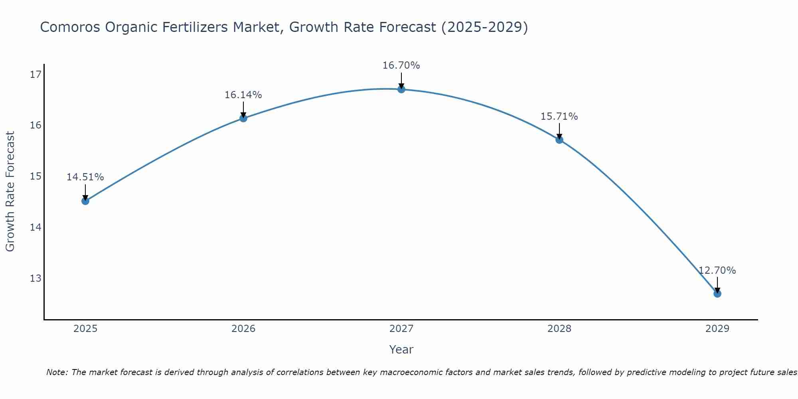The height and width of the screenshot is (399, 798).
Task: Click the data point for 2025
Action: pyautogui.click(x=85, y=201)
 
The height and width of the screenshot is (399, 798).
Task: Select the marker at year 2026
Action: pyautogui.click(x=243, y=118)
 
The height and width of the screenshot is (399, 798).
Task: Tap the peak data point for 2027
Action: pyautogui.click(x=401, y=89)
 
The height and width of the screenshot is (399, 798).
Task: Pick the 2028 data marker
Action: pyautogui.click(x=559, y=140)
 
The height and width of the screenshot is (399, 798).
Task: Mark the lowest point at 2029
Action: pyautogui.click(x=717, y=294)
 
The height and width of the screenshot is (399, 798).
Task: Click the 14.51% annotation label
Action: pyautogui.click(x=85, y=177)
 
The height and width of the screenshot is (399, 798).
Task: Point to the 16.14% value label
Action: pyautogui.click(x=243, y=95)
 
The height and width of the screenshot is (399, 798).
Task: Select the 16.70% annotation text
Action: pyautogui.click(x=401, y=65)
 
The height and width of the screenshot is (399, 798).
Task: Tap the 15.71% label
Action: pyautogui.click(x=559, y=117)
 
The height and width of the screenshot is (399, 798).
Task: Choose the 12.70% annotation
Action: pyautogui.click(x=717, y=271)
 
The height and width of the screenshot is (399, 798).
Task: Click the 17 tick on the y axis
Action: pyautogui.click(x=36, y=75)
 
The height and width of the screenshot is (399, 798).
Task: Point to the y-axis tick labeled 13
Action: pyautogui.click(x=36, y=278)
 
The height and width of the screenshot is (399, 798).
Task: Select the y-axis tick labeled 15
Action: pyautogui.click(x=36, y=176)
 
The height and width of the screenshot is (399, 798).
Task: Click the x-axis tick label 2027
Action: pyautogui.click(x=401, y=329)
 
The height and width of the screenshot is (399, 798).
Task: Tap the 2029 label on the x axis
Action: pyautogui.click(x=717, y=329)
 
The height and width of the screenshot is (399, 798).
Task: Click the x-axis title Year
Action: pyautogui.click(x=401, y=350)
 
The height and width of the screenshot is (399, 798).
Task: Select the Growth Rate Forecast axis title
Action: pyautogui.click(x=10, y=192)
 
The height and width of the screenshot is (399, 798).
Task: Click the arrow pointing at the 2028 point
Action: pyautogui.click(x=559, y=131)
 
